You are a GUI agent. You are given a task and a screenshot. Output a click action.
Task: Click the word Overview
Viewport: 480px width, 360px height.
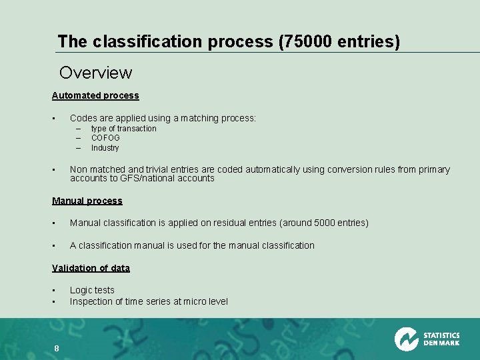95,72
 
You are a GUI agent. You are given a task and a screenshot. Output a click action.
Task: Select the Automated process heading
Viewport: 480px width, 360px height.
95,95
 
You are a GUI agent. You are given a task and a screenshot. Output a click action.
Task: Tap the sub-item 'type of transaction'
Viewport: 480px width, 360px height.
123,129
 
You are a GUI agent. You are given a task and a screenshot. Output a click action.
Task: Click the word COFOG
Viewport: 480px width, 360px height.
105,138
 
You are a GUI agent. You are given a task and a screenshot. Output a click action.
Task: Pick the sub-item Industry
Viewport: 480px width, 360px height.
105,148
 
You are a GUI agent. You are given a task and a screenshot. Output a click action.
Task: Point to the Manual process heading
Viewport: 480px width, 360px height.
87,201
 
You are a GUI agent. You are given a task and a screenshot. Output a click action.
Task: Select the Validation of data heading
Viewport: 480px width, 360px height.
91,268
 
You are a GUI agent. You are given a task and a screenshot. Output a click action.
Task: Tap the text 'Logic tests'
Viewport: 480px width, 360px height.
92,290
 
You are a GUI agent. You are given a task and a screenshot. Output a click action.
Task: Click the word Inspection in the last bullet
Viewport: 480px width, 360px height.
92,301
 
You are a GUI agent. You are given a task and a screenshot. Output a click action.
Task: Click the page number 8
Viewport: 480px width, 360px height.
57,348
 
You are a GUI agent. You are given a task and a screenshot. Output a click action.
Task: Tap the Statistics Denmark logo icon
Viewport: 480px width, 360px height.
406,339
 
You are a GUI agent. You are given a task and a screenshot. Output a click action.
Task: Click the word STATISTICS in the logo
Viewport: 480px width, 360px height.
441,335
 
